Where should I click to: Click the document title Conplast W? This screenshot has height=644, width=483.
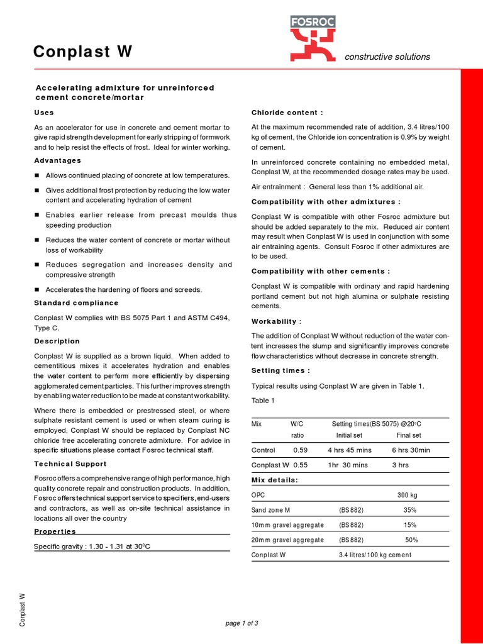[82, 53]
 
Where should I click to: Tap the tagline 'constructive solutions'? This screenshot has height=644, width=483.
[387, 57]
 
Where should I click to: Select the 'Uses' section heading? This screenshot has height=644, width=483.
[44, 113]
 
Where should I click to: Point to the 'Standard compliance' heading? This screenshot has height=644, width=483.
[76, 303]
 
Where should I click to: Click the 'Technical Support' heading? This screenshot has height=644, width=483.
[70, 464]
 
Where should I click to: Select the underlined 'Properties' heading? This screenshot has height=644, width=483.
[55, 531]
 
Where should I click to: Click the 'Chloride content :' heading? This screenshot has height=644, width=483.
[287, 113]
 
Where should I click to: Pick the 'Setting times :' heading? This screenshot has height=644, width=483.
[281, 370]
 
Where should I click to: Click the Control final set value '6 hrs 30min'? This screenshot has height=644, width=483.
[411, 450]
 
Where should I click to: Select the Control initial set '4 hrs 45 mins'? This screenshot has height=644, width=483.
[350, 450]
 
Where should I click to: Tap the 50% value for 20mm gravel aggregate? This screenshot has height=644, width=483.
[412, 540]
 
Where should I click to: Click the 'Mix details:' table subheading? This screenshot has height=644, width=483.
[275, 480]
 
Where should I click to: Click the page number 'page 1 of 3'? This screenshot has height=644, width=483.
[241, 623]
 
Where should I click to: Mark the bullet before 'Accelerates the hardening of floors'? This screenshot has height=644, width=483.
[38, 289]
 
